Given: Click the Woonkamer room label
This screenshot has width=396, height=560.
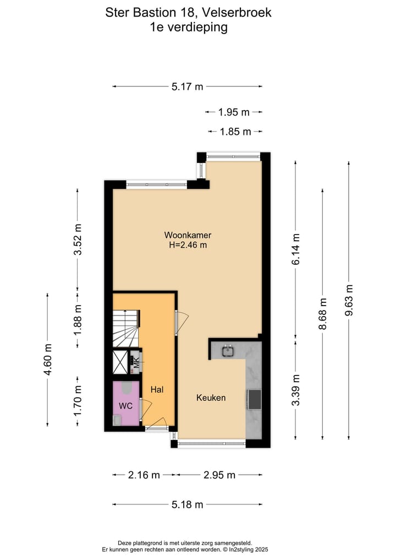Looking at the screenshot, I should point(188,235).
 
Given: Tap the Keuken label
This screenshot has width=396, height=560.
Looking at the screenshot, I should point(211,398).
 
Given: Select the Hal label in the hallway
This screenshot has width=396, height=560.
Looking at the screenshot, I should point(157,389).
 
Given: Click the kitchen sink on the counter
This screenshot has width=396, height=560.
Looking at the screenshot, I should point(228,350).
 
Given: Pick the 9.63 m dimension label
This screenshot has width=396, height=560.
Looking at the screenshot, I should point(349,301).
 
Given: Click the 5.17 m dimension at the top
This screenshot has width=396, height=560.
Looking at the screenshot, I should point(187,86).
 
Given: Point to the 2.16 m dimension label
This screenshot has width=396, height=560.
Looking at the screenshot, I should point(144,475).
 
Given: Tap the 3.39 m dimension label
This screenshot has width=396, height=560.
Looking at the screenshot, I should point(296,390).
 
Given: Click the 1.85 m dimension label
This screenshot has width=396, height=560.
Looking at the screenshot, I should point(235,132).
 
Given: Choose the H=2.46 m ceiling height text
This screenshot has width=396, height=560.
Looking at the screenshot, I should point(188,246).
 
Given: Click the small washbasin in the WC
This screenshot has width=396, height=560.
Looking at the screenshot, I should point(117,420).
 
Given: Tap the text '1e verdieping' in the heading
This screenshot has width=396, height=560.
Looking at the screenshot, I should point(189,27).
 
